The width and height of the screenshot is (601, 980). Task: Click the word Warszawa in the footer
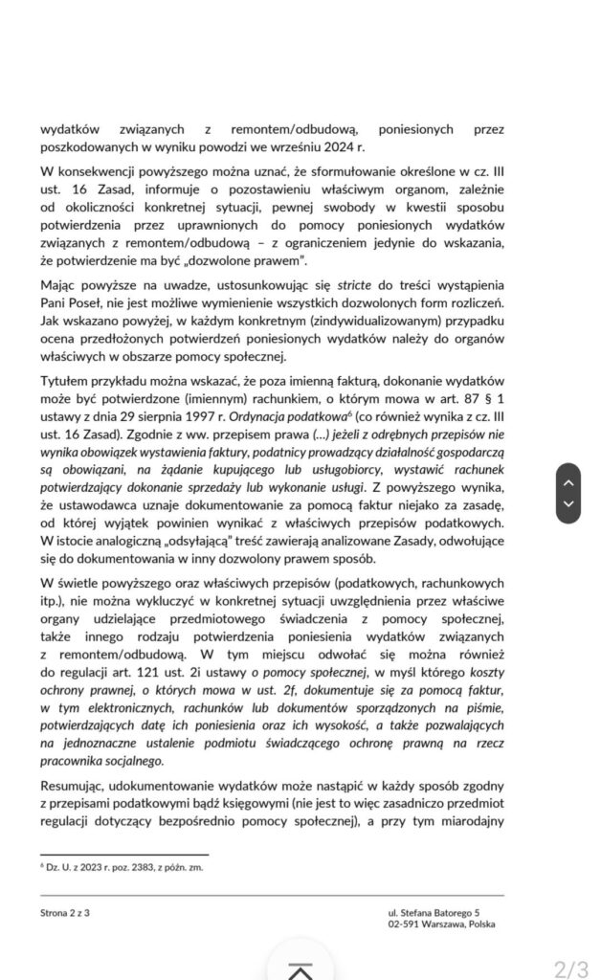[439, 924]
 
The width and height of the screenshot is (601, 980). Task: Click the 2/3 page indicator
[572, 968]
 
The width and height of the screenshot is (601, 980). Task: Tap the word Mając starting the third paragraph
[59, 285]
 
